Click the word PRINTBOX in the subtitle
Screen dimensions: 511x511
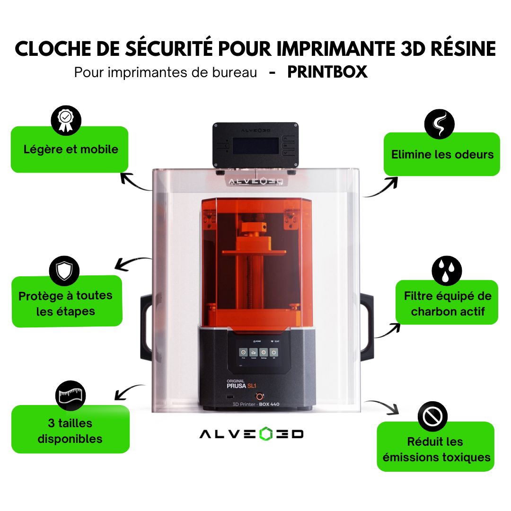point(327,72)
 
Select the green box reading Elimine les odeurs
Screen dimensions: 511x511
point(441,154)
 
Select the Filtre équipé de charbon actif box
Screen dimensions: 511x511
point(447,303)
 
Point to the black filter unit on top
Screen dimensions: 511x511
point(256,146)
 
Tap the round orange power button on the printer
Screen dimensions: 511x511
point(259,396)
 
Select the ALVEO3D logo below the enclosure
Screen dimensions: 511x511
point(252,434)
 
